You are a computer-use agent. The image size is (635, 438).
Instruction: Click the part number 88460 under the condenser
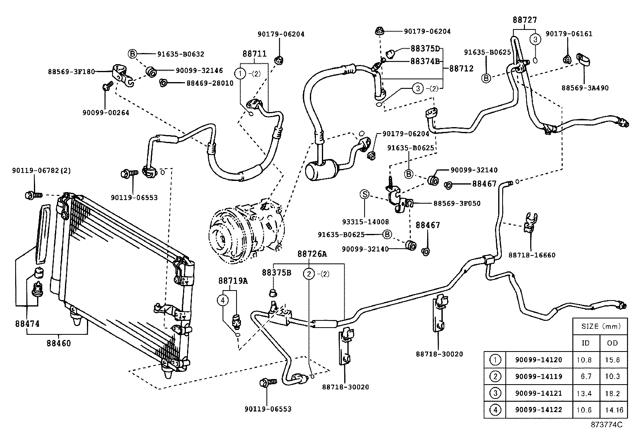(x=58, y=343)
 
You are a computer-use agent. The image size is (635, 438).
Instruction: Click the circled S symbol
(x=364, y=194)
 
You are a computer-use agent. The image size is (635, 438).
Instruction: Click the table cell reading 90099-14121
(x=538, y=393)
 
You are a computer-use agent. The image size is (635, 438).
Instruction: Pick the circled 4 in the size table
(x=495, y=410)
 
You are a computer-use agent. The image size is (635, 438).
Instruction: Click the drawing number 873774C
(x=607, y=425)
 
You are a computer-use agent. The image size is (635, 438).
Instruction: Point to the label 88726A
(x=312, y=254)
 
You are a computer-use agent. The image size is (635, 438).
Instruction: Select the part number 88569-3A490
(x=585, y=88)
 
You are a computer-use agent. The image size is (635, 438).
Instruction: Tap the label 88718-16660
(x=532, y=255)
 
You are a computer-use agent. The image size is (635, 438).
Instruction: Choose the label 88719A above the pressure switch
(x=233, y=281)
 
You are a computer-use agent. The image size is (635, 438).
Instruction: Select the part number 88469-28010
(x=210, y=83)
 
